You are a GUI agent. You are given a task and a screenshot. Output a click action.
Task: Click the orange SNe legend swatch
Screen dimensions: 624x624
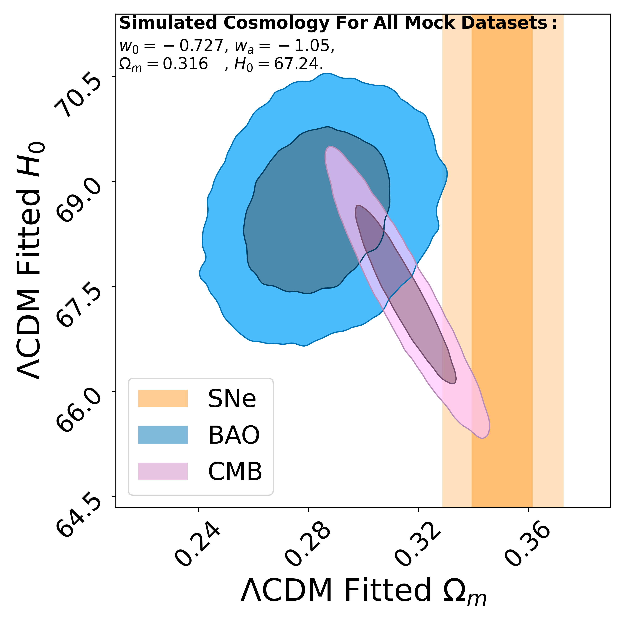click(x=163, y=398)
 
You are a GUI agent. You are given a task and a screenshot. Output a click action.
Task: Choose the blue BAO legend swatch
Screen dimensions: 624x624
click(x=163, y=435)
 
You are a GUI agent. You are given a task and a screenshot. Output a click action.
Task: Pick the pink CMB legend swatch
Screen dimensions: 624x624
click(x=163, y=471)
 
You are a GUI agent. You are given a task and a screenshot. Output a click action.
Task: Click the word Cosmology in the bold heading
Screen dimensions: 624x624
click(x=276, y=23)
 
